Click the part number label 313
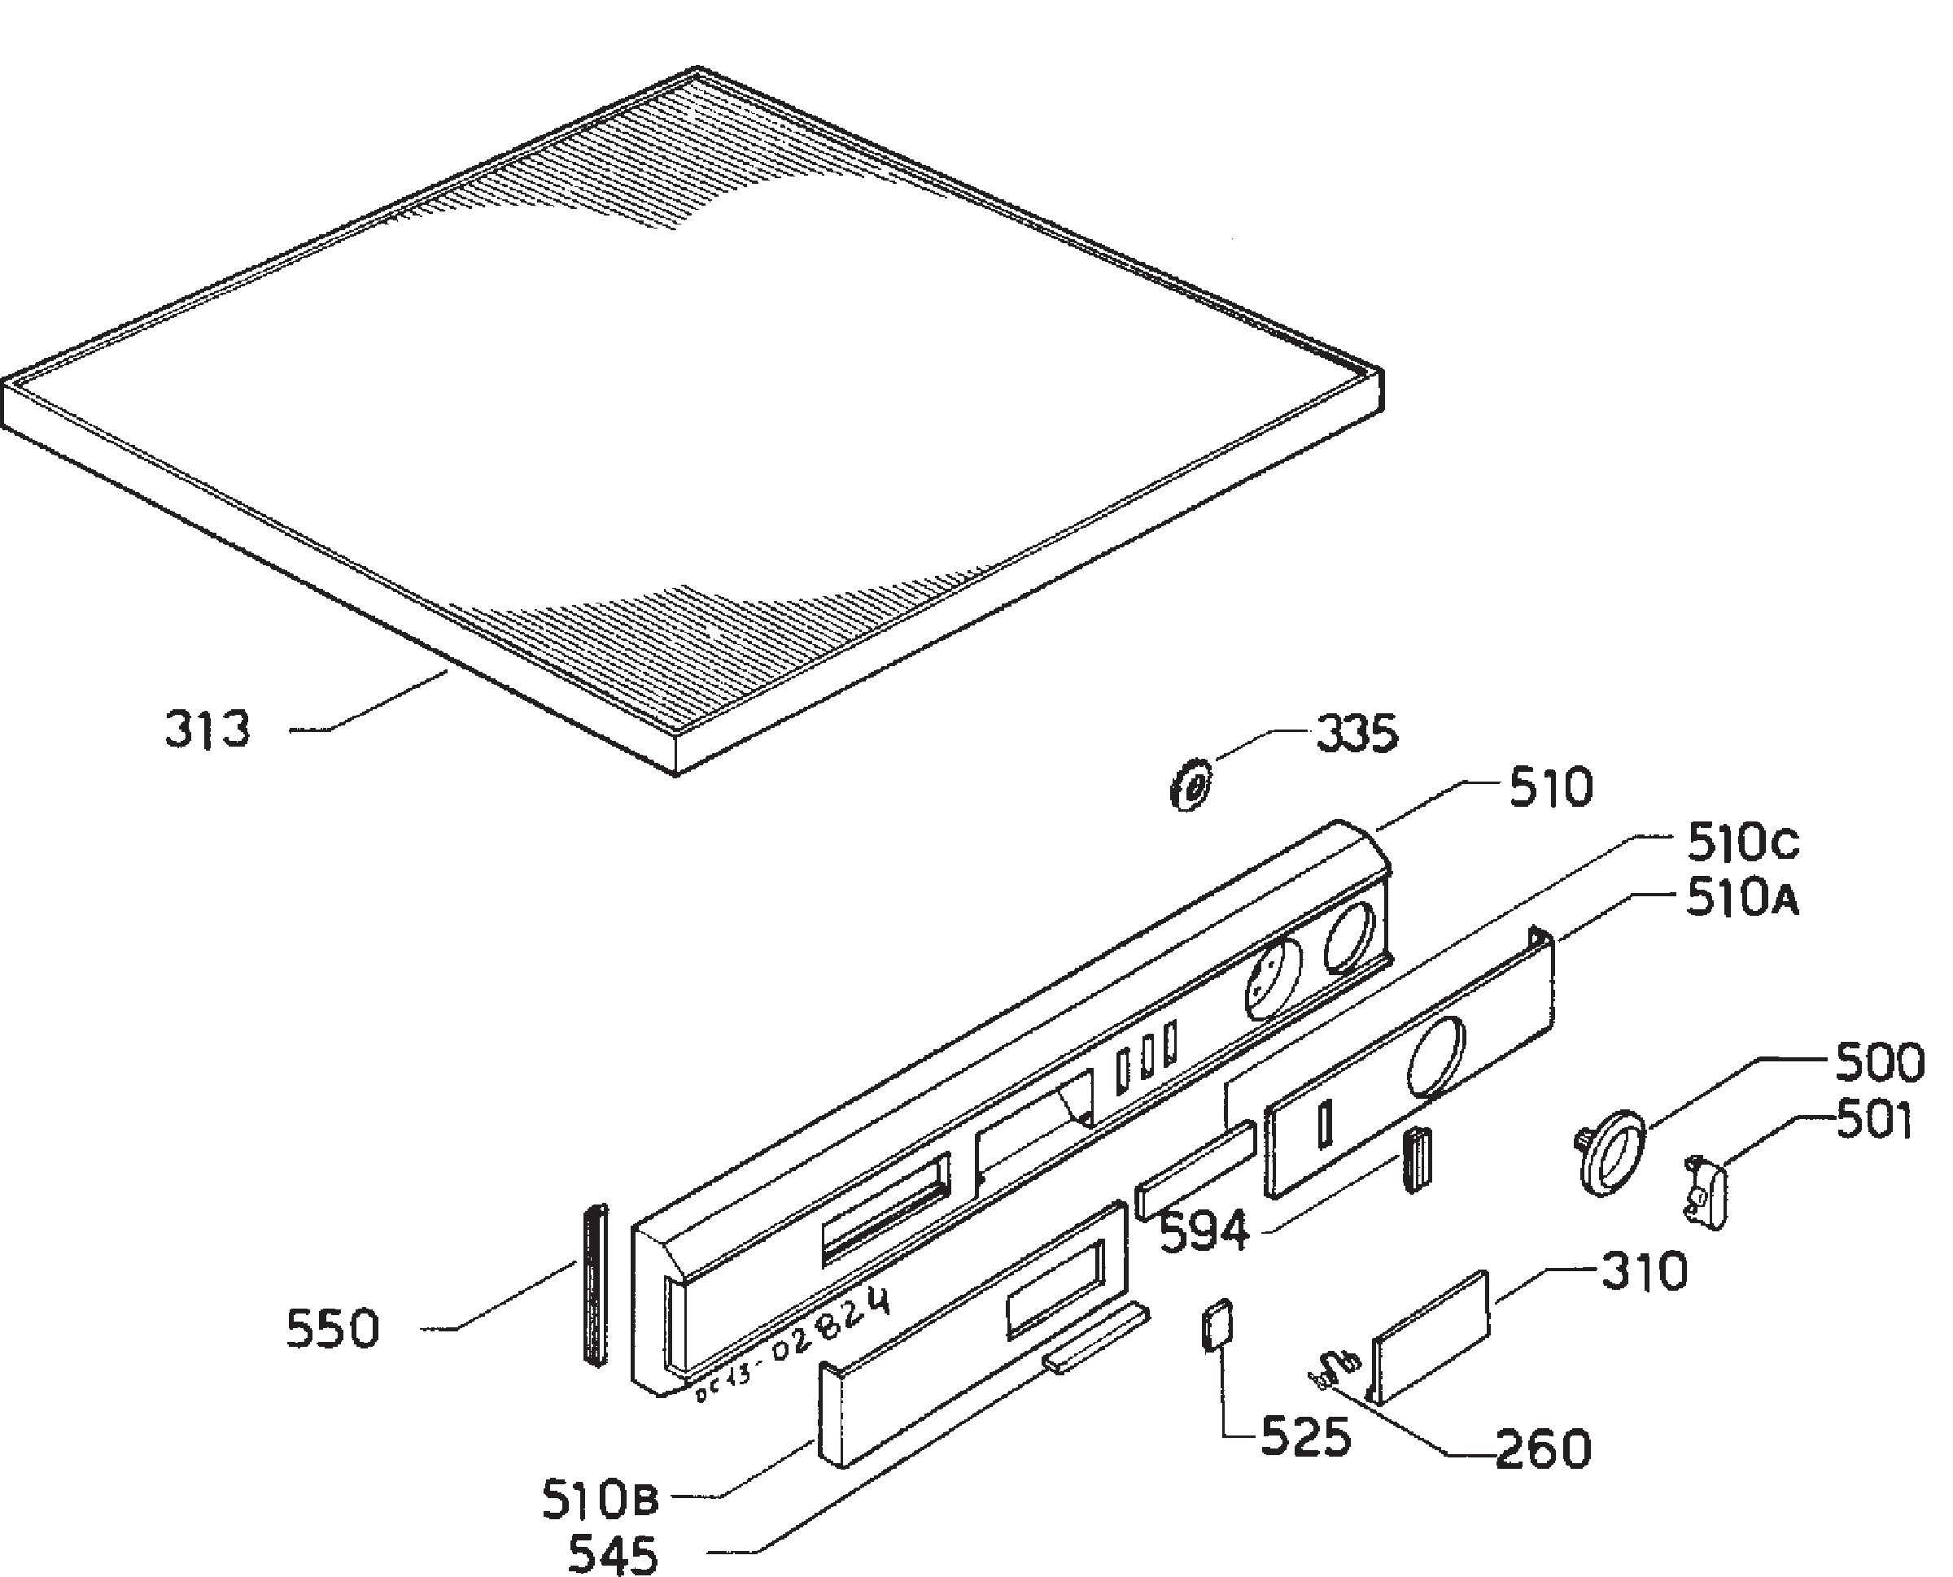208,730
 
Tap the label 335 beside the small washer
1357,733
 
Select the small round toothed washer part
1190,786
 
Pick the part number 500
1880,1063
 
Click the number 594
1206,1233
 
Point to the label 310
1644,1272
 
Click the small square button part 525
1218,1327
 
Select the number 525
1305,1438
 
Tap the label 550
333,1329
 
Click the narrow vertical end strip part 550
596,1284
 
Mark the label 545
613,1554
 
